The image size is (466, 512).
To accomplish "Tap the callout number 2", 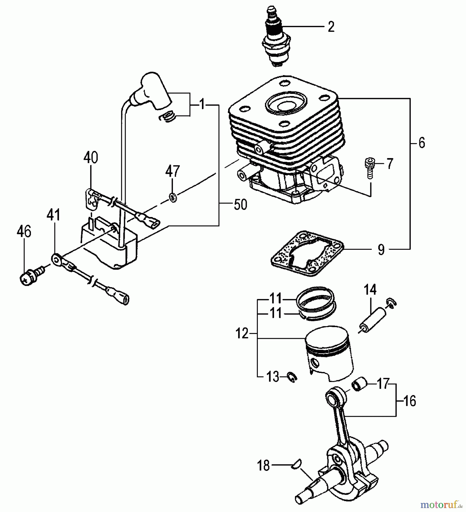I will pyautogui.click(x=330, y=27).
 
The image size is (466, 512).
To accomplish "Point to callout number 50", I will pyautogui.click(x=240, y=205).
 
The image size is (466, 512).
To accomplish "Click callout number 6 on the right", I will pyautogui.click(x=422, y=143).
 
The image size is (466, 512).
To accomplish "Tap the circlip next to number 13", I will pyautogui.click(x=292, y=377).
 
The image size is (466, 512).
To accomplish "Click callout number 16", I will pyautogui.click(x=410, y=401).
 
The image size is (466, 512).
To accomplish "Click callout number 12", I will pyautogui.click(x=242, y=333).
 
